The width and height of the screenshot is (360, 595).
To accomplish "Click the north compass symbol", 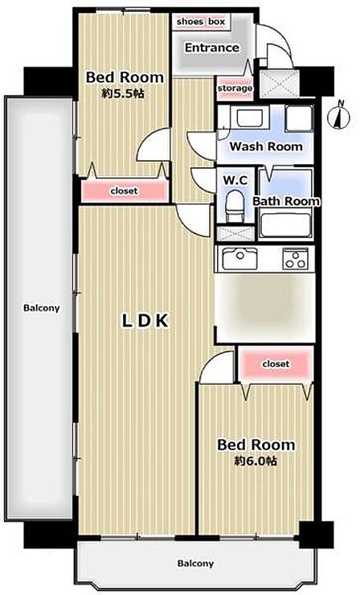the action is (x=338, y=115).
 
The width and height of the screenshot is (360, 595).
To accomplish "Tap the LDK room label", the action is (x=145, y=321).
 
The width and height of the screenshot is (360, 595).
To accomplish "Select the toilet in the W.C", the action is (x=235, y=206).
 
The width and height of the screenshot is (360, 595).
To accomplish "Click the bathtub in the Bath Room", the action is (x=286, y=225).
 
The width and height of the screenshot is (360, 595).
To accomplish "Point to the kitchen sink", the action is (x=239, y=258).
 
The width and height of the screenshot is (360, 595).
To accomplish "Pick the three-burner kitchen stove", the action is (x=296, y=259).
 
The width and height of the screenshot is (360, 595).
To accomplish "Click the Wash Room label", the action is (x=266, y=146).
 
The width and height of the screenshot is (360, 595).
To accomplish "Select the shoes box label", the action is (x=201, y=22).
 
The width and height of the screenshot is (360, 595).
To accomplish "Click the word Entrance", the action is (x=212, y=47).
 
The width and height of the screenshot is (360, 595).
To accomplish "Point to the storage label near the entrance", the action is (x=235, y=88).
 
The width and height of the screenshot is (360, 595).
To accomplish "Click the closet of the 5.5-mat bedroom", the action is (x=125, y=191).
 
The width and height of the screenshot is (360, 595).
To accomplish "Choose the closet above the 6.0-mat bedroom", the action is (x=276, y=364).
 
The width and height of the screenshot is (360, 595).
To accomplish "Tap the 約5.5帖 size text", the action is (x=123, y=93).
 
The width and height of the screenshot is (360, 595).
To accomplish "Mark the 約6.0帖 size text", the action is (x=256, y=461).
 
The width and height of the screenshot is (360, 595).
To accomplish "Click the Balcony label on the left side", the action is (x=42, y=308).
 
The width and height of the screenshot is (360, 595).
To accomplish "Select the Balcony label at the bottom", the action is (x=195, y=564).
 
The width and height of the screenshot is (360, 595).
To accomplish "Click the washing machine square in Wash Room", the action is (x=299, y=119).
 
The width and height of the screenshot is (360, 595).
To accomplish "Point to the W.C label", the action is (x=235, y=181).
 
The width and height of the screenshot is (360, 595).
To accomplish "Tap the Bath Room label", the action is (x=286, y=201).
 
